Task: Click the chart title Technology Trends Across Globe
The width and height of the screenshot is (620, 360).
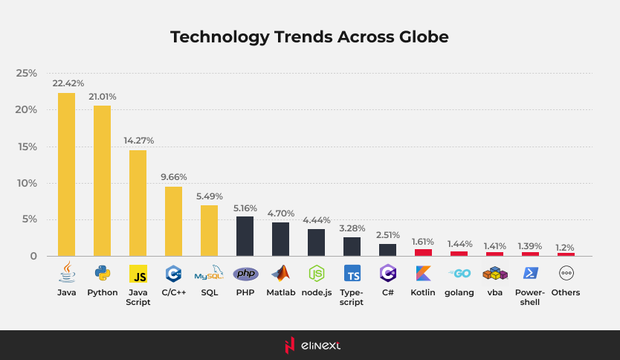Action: (309, 36)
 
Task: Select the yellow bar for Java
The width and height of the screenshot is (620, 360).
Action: (66, 174)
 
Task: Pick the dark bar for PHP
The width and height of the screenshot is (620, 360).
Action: (245, 236)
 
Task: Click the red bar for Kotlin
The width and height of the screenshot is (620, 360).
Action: (423, 252)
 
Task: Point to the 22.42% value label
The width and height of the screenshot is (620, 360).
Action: (68, 83)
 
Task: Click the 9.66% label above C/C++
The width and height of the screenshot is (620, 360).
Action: (173, 177)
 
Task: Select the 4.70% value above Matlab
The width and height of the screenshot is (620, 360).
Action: (281, 212)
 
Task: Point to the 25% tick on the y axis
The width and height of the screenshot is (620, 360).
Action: (27, 74)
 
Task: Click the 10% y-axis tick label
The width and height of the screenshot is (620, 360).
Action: (27, 183)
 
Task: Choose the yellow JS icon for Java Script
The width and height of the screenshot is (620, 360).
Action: (138, 274)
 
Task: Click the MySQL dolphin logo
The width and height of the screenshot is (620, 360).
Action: (209, 273)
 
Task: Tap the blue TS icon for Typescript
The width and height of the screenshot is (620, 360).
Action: (352, 274)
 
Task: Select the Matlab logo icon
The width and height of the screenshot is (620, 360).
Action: (280, 273)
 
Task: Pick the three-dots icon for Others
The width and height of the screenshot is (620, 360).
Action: (566, 273)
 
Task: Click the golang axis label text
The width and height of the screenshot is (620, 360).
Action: (459, 293)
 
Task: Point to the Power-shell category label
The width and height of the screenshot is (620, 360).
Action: (530, 298)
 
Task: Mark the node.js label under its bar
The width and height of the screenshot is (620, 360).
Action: (316, 293)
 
